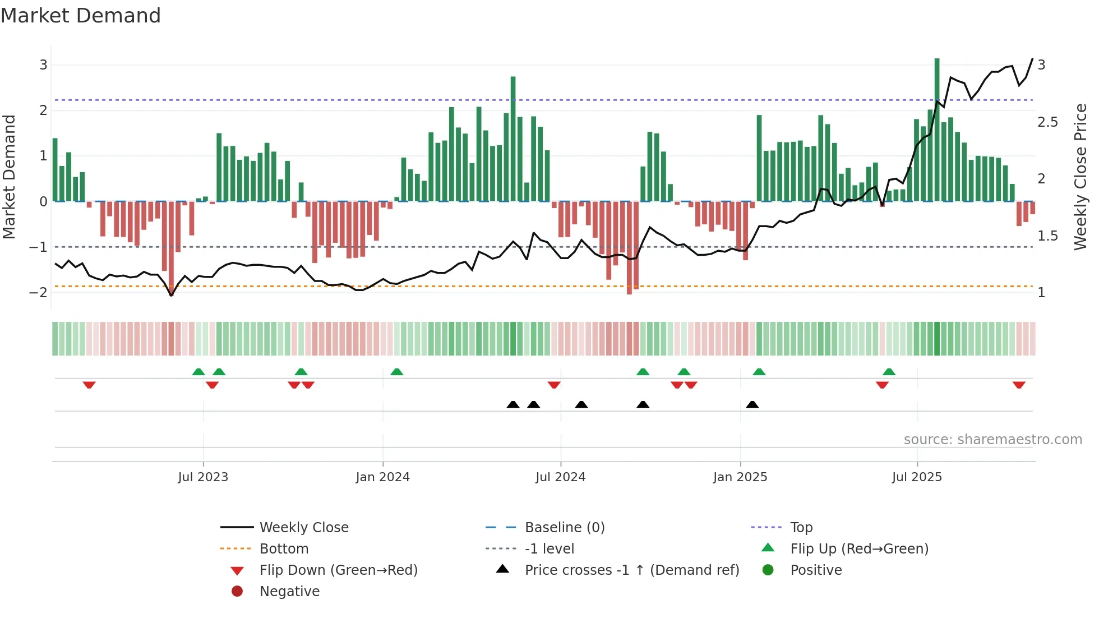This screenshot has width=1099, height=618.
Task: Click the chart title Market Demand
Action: [81, 16]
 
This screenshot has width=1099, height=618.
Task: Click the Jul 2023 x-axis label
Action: [203, 477]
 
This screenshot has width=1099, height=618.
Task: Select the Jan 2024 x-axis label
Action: [383, 477]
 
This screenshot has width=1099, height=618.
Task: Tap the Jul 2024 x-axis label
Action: [561, 477]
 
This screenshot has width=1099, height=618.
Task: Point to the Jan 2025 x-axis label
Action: [740, 477]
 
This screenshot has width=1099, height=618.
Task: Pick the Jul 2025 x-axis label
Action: [917, 477]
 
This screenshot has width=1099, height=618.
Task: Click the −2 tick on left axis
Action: [39, 292]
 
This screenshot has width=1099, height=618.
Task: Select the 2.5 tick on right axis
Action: [1047, 122]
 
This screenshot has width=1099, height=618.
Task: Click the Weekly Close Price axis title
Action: [1080, 177]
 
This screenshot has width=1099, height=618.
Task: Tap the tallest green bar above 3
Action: [937, 129]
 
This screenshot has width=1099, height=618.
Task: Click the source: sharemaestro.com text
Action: [992, 440]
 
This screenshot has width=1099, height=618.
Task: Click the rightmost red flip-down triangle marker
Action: [1019, 385]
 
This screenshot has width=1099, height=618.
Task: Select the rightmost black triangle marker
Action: [752, 404]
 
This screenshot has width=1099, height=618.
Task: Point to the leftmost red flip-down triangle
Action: [89, 385]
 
